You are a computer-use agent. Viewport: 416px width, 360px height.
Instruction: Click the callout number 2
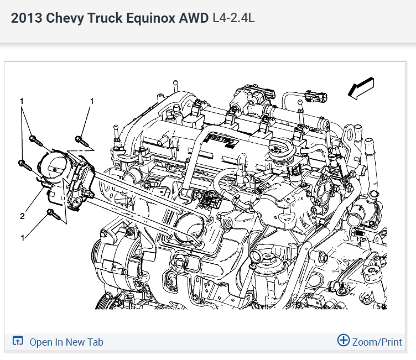[x=23, y=216]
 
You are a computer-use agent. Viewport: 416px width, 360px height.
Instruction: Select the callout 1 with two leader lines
[x=22, y=101]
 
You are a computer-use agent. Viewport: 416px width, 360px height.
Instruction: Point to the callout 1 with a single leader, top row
[x=92, y=101]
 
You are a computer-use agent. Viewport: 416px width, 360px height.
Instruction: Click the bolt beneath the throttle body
[x=53, y=212]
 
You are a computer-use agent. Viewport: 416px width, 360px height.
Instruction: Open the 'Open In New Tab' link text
[x=66, y=342]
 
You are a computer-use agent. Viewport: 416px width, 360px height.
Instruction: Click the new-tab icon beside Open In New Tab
[x=18, y=341]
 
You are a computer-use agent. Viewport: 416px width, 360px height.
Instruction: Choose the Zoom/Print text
[x=377, y=342]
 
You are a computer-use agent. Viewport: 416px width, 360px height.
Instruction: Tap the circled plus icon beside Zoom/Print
[x=343, y=341]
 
